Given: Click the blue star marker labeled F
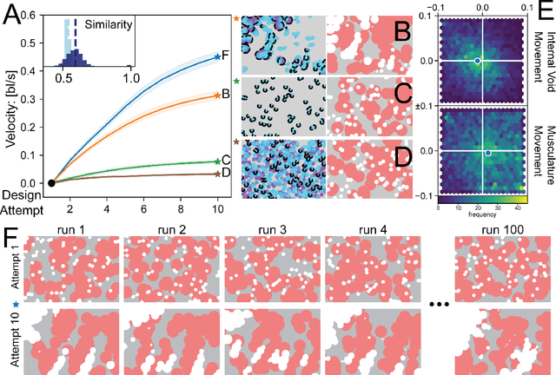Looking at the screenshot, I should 217,57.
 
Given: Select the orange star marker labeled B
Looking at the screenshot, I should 217,95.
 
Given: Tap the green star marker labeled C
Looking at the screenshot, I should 217,161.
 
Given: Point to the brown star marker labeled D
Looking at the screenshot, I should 217,174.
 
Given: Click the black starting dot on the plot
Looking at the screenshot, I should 52,183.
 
